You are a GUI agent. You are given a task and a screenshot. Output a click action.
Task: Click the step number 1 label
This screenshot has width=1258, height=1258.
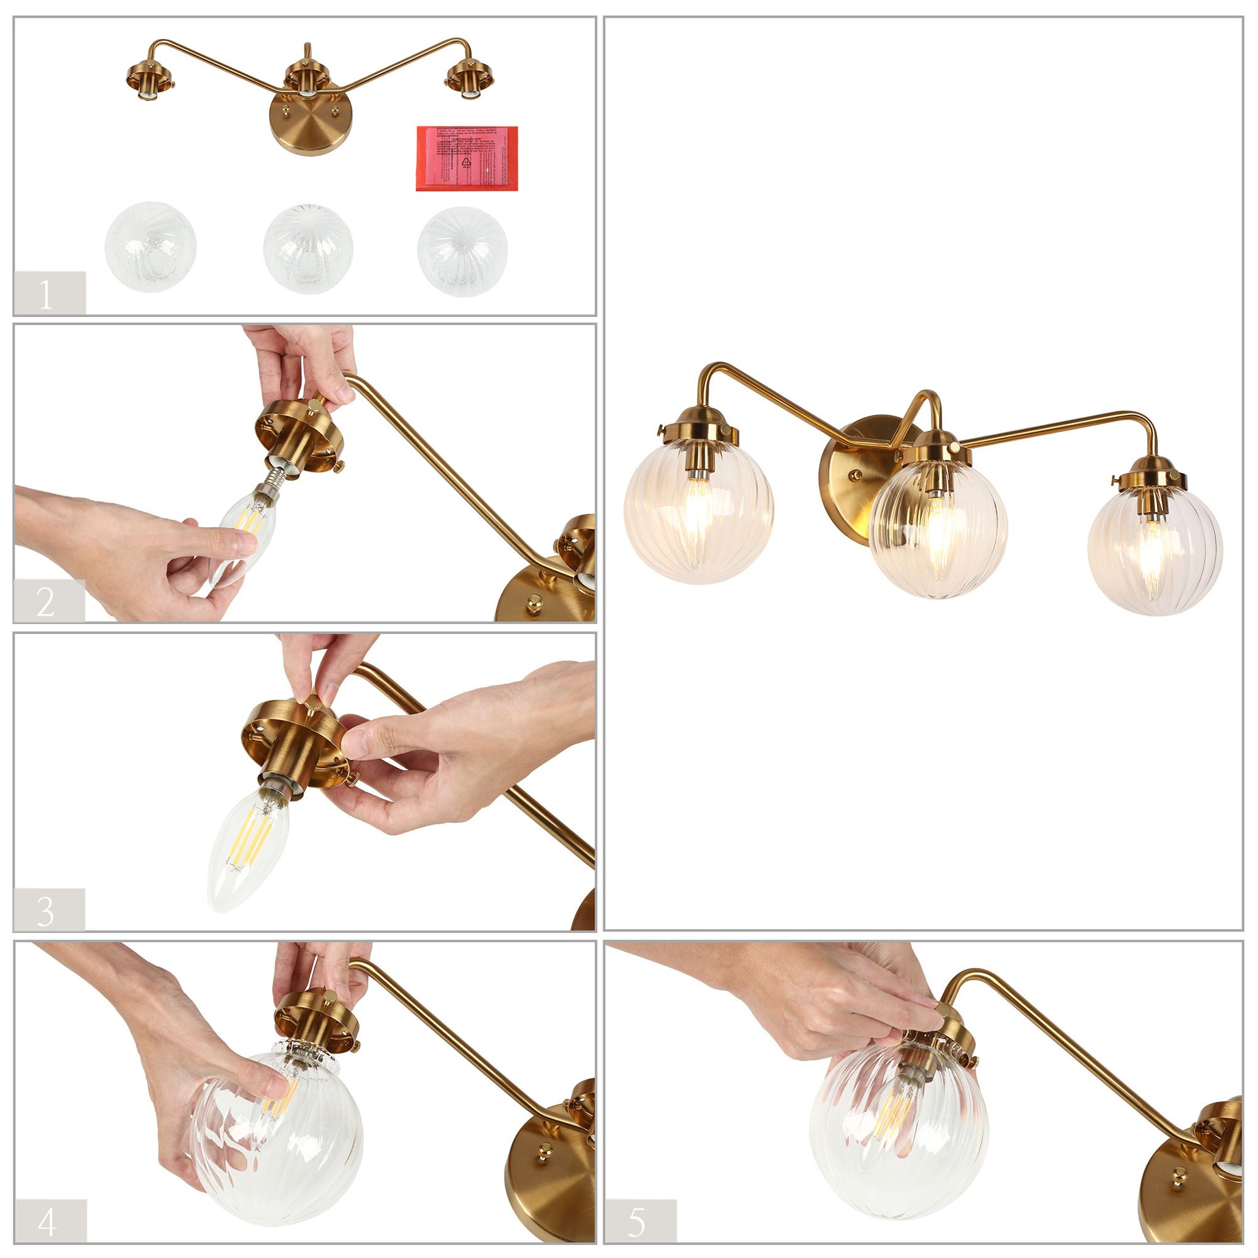(47, 294)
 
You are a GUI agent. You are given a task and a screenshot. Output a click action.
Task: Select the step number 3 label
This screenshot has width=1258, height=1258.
(47, 910)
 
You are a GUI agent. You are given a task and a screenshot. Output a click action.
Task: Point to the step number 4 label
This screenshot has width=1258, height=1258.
(48, 1221)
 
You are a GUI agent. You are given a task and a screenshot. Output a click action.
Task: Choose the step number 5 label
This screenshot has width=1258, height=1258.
(638, 1221)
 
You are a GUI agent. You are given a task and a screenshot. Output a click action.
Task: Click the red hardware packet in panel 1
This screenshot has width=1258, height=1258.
(466, 159)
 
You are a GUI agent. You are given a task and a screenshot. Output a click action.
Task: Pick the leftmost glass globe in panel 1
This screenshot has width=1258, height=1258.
(150, 247)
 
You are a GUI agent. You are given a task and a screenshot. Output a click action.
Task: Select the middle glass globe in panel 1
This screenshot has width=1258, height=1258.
(308, 248)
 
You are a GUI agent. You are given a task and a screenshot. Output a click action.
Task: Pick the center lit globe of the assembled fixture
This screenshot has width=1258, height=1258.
(938, 529)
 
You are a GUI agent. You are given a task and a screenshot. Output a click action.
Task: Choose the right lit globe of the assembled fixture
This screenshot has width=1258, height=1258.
(1154, 552)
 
